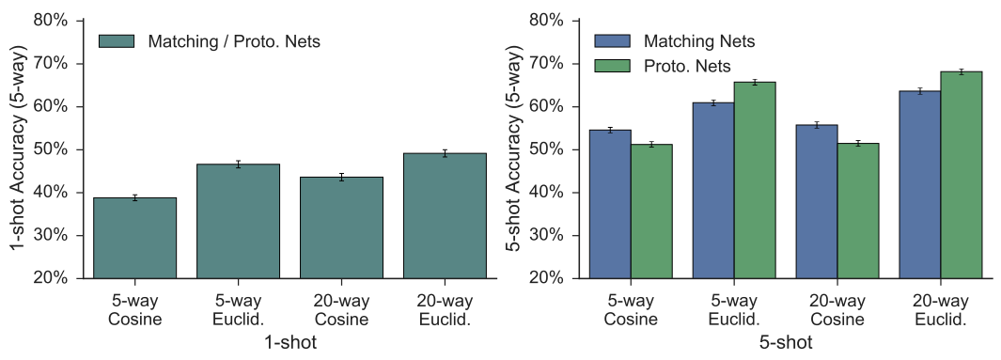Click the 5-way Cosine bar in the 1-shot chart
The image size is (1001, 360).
134,238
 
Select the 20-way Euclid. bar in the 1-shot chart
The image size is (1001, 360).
445,216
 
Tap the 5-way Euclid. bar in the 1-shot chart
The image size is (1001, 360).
238,221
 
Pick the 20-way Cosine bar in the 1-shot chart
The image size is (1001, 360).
341,227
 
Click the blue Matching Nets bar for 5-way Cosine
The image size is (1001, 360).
609,204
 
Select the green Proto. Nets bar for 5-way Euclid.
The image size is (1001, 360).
755,180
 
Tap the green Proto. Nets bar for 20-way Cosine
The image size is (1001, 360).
857,211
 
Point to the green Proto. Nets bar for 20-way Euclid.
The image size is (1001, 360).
961,175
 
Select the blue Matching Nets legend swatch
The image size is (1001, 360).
612,41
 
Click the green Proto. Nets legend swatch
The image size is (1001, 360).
612,65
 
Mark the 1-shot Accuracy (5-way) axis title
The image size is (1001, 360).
16,149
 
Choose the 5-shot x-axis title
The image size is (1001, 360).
785,343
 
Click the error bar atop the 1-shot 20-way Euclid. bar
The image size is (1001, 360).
445,152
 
